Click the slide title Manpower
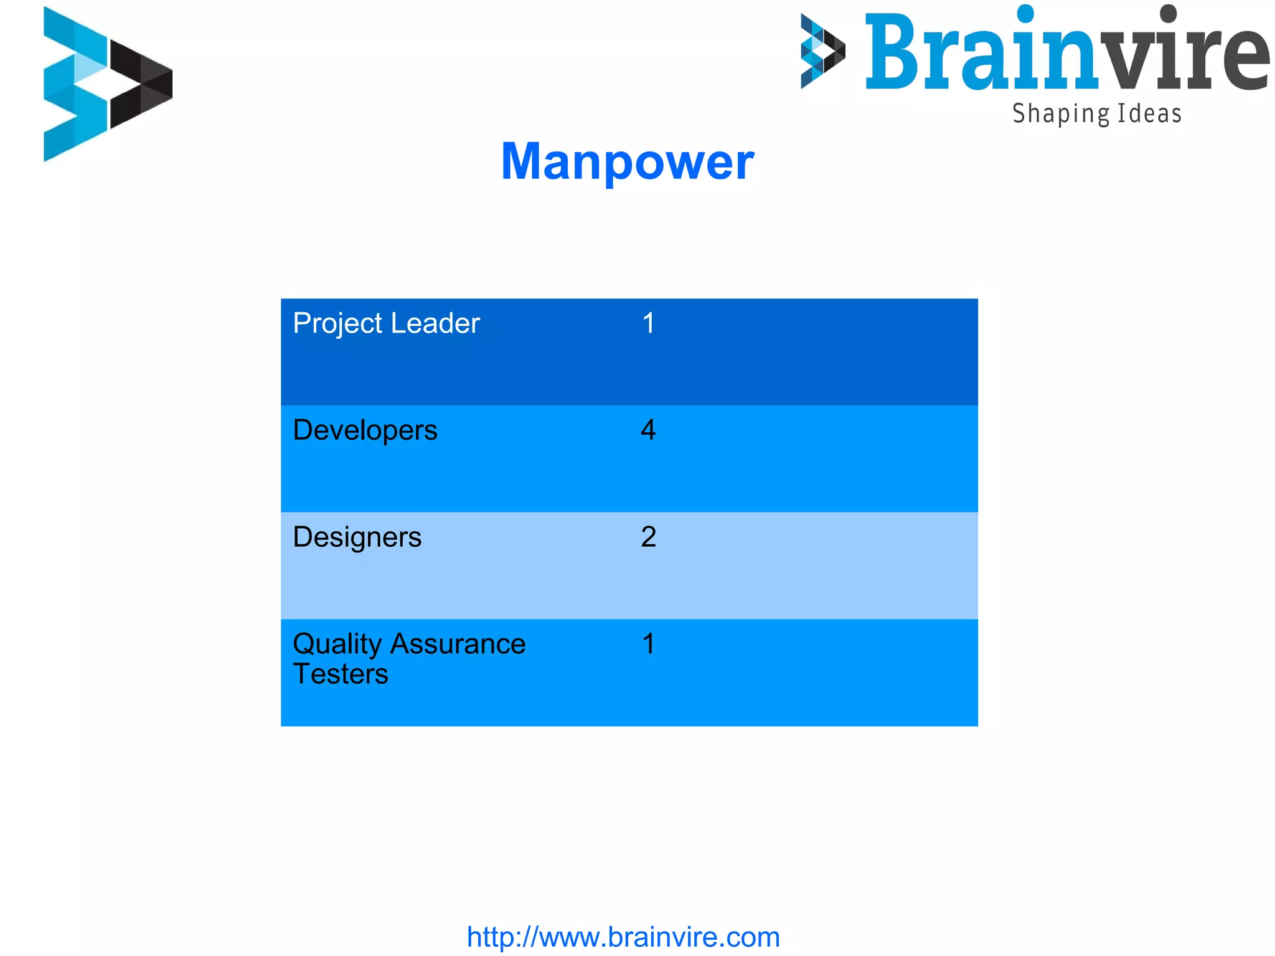(627, 161)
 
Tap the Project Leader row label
(386, 323)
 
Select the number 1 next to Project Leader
(648, 323)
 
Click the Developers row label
(365, 430)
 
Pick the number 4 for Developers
(648, 430)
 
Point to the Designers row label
(357, 537)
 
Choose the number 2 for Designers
(648, 537)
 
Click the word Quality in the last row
(337, 645)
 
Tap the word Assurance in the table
(458, 644)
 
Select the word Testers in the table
(341, 674)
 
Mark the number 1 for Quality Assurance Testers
(648, 644)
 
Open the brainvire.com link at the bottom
(623, 937)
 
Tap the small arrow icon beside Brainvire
(822, 51)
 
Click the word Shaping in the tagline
(1061, 114)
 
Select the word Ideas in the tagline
(1149, 114)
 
